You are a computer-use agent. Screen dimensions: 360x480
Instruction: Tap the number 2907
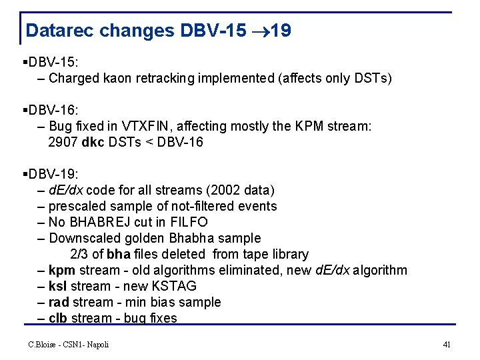[63, 142]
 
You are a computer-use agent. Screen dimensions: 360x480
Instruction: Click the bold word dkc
[91, 142]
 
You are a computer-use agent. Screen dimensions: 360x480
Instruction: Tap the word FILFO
[189, 222]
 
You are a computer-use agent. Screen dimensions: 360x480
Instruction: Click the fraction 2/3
[79, 254]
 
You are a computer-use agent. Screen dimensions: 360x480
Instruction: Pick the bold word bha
[118, 254]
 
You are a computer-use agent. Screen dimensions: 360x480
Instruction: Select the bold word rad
[59, 302]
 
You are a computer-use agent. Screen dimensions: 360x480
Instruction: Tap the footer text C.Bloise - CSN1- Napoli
[68, 344]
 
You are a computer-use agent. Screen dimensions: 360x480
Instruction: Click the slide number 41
[447, 344]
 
